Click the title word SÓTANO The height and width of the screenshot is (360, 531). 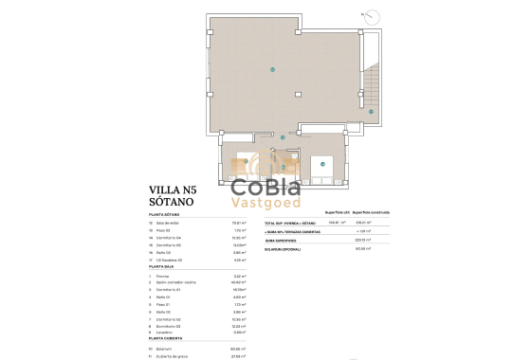point(172,202)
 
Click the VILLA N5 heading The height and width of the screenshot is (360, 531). point(173,189)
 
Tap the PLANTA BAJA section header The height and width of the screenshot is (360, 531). point(163,268)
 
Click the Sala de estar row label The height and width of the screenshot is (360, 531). point(170,224)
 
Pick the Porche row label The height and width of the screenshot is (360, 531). point(164,276)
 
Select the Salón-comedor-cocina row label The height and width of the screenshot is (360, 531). point(176,282)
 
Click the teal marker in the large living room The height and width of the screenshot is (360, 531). point(273,68)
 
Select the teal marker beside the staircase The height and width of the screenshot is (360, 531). point(371,110)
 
